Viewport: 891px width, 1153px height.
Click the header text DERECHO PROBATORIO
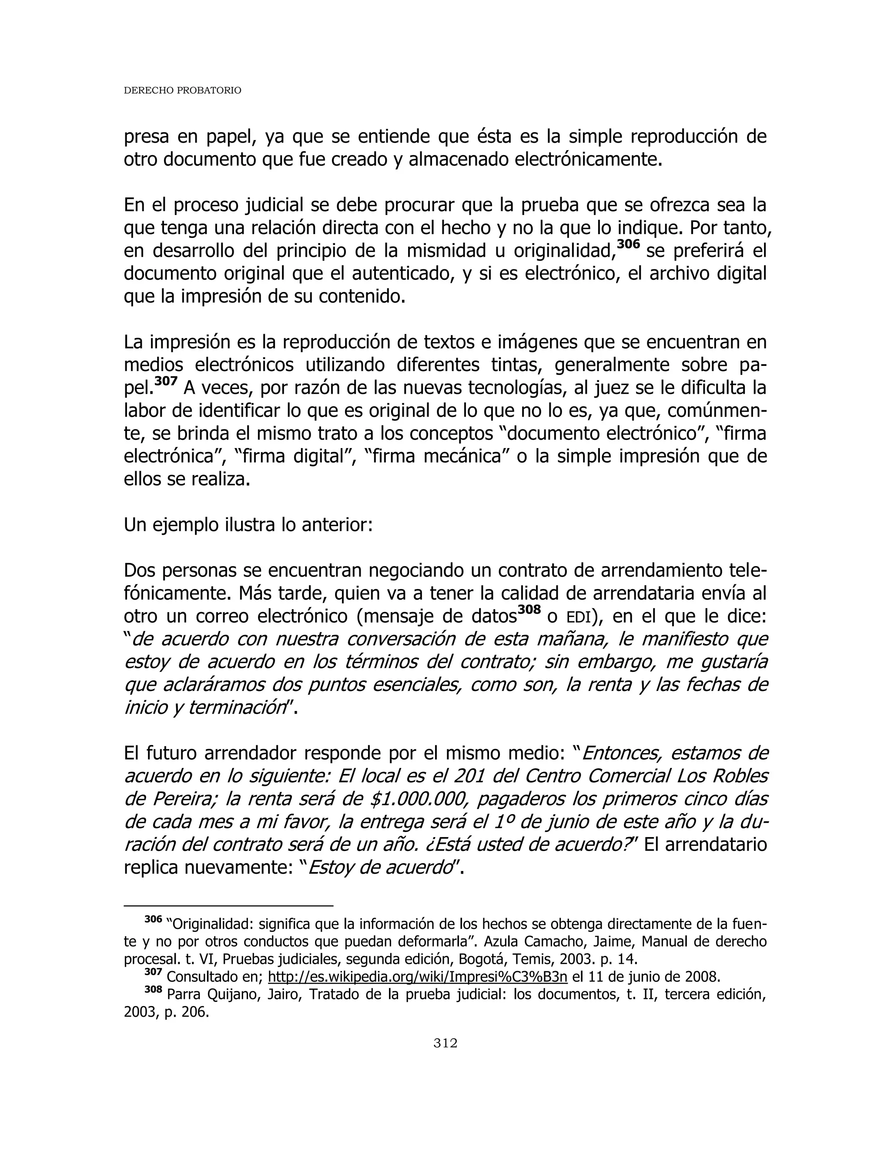pyautogui.click(x=182, y=91)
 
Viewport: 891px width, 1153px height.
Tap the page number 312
pyautogui.click(x=445, y=1053)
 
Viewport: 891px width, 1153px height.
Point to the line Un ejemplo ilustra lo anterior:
pyautogui.click(x=248, y=525)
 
